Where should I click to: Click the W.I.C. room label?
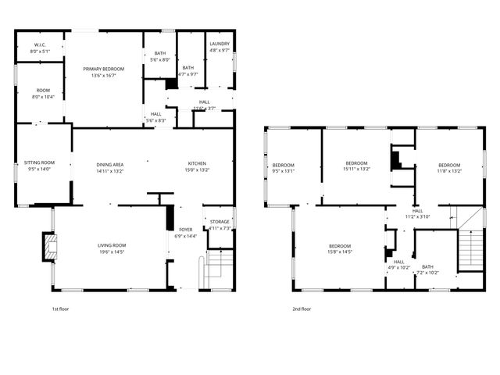40,45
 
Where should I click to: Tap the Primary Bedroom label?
103,69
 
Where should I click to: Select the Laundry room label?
220,45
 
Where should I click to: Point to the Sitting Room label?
39,162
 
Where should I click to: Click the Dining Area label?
110,164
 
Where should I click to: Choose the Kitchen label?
197,164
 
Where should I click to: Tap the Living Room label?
112,245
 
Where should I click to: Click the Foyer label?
186,230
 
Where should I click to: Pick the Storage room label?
220,222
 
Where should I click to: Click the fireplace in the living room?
49,248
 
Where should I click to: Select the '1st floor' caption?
60,309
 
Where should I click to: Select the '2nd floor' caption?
301,309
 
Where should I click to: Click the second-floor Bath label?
427,266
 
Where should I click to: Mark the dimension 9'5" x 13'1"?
283,170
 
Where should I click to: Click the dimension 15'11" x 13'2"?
356,169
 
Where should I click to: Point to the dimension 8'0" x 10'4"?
40,96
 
